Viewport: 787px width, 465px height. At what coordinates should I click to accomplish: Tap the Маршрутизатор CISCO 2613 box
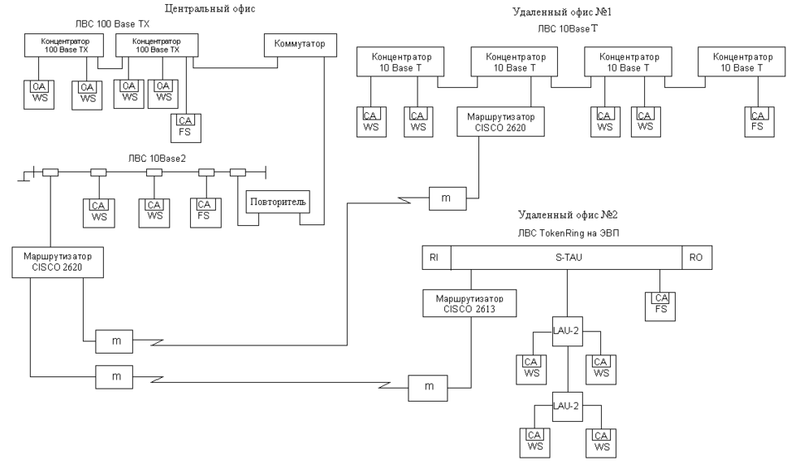point(459,304)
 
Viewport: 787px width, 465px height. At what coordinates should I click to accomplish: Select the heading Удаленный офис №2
point(568,215)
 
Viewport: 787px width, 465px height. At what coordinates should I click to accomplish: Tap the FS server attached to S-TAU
point(661,303)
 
